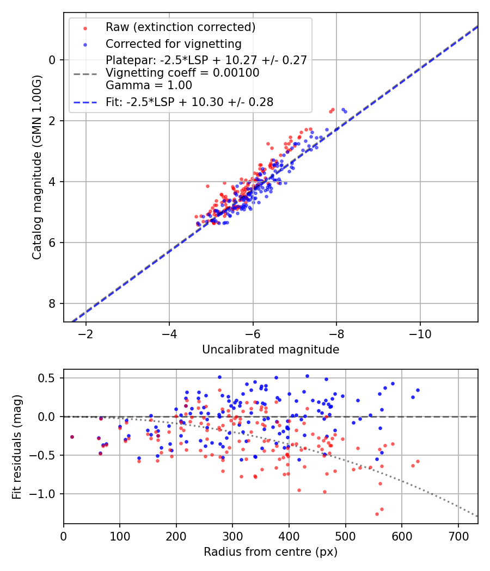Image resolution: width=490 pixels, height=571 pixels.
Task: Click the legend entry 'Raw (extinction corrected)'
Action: pos(180,27)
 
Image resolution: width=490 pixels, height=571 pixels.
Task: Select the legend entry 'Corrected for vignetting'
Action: pos(173,44)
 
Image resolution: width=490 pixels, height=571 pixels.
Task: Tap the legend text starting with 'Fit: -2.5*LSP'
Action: pos(189,102)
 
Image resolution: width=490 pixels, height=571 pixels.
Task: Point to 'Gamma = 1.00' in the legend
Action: pos(149,85)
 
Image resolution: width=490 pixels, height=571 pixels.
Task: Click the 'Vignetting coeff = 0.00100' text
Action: pos(182,73)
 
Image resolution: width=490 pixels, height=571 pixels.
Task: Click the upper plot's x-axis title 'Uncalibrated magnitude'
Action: pos(271,350)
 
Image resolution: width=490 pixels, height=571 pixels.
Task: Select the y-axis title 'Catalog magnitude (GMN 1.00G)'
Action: pos(36,167)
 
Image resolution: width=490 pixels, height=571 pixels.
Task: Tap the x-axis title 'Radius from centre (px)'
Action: pos(271,552)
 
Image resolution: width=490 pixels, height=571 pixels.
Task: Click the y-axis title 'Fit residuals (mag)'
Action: pos(17,446)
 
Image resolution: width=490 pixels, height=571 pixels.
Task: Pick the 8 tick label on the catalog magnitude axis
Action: pos(53,303)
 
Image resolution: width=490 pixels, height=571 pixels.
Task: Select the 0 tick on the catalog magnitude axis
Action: pos(53,60)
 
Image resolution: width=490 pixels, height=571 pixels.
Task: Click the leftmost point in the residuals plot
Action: pos(72,437)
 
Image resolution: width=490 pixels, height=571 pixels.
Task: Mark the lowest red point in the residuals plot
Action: pos(377,514)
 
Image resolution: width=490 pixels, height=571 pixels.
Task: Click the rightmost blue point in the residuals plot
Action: pos(418,390)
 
